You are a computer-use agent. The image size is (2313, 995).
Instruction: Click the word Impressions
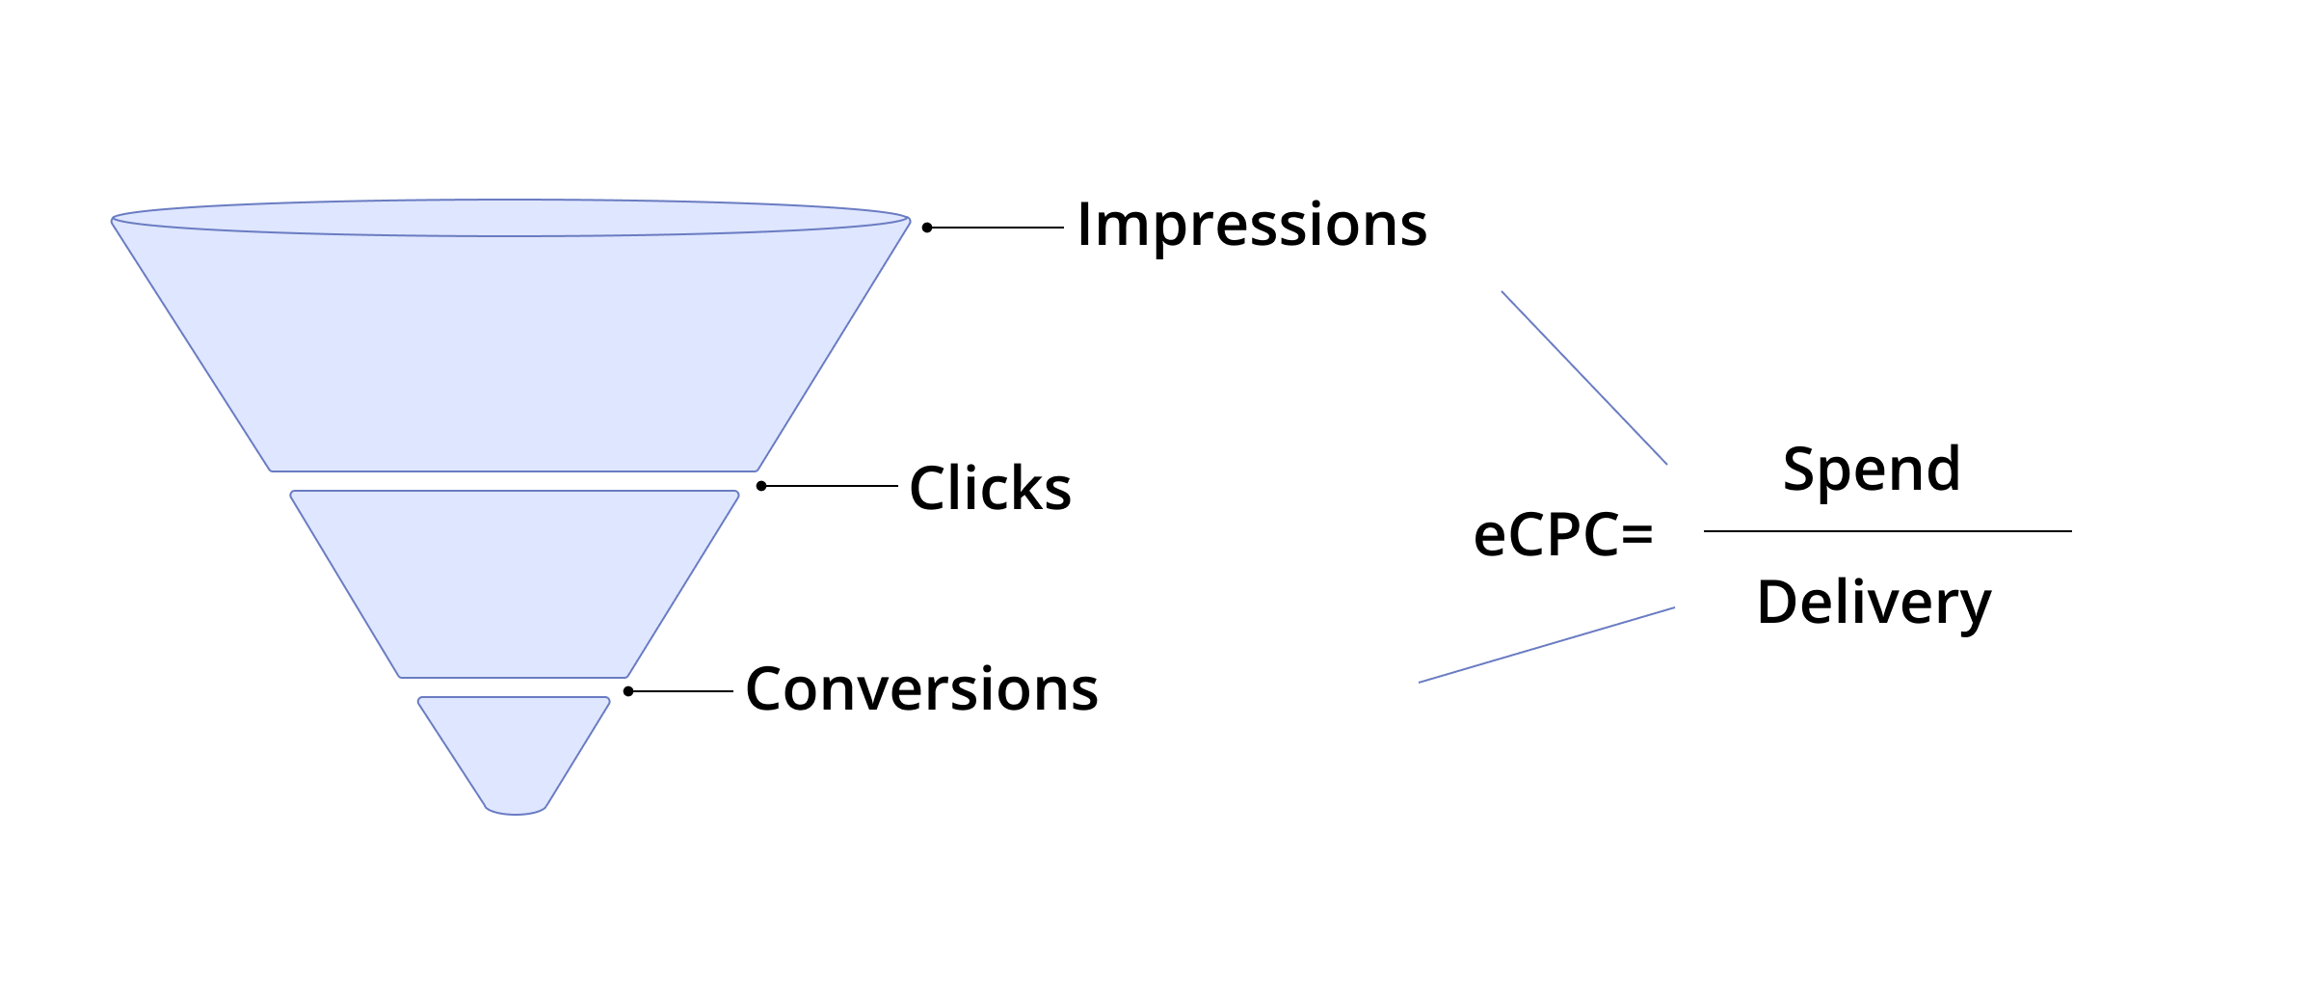click(x=1251, y=226)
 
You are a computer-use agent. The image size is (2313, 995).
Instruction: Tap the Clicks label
click(x=990, y=488)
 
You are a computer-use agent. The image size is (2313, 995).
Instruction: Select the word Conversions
click(x=921, y=689)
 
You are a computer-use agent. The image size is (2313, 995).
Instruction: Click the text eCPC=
click(x=1563, y=534)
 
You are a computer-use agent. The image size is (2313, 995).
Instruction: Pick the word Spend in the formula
click(x=1871, y=470)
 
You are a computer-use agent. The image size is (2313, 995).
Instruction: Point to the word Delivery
click(x=1874, y=603)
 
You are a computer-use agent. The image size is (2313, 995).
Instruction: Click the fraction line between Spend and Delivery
click(x=1887, y=531)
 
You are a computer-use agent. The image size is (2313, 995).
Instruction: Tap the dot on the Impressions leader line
click(x=927, y=228)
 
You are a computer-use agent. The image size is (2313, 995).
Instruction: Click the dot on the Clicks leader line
click(x=761, y=486)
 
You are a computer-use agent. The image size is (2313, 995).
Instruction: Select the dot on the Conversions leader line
click(x=628, y=691)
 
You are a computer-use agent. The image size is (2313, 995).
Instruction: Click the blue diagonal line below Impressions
click(x=1584, y=378)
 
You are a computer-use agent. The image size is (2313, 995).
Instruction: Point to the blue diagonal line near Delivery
click(x=1547, y=645)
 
